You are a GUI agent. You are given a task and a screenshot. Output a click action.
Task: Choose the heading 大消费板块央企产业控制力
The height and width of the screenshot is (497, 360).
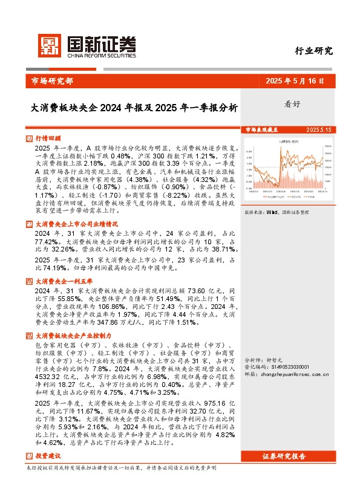click(x=73, y=335)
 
